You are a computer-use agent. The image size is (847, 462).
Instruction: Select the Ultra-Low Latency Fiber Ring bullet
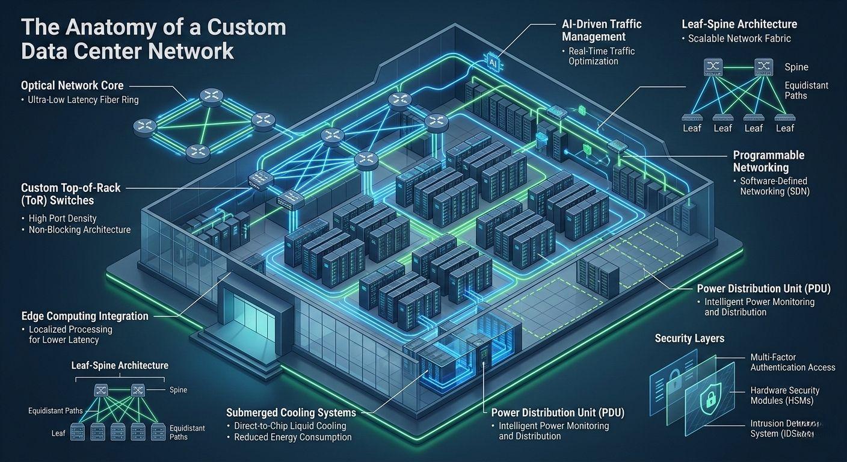click(83, 100)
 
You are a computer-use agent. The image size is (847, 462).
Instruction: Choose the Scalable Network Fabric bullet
click(739, 38)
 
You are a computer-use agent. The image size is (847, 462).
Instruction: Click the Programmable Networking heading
click(768, 161)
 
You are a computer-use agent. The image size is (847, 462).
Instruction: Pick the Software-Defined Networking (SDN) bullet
click(774, 186)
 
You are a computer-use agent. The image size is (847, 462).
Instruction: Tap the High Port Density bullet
click(62, 218)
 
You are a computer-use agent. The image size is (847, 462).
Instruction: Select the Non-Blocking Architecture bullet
click(79, 230)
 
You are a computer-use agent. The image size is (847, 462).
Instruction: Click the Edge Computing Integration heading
click(84, 316)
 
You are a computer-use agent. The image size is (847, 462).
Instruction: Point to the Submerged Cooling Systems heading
click(291, 413)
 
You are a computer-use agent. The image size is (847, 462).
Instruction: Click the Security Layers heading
click(689, 338)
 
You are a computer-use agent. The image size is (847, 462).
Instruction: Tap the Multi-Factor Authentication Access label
click(792, 362)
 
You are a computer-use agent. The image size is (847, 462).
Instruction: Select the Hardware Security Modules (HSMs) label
click(784, 395)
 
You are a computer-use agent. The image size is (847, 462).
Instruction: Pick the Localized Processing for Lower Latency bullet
click(70, 334)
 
